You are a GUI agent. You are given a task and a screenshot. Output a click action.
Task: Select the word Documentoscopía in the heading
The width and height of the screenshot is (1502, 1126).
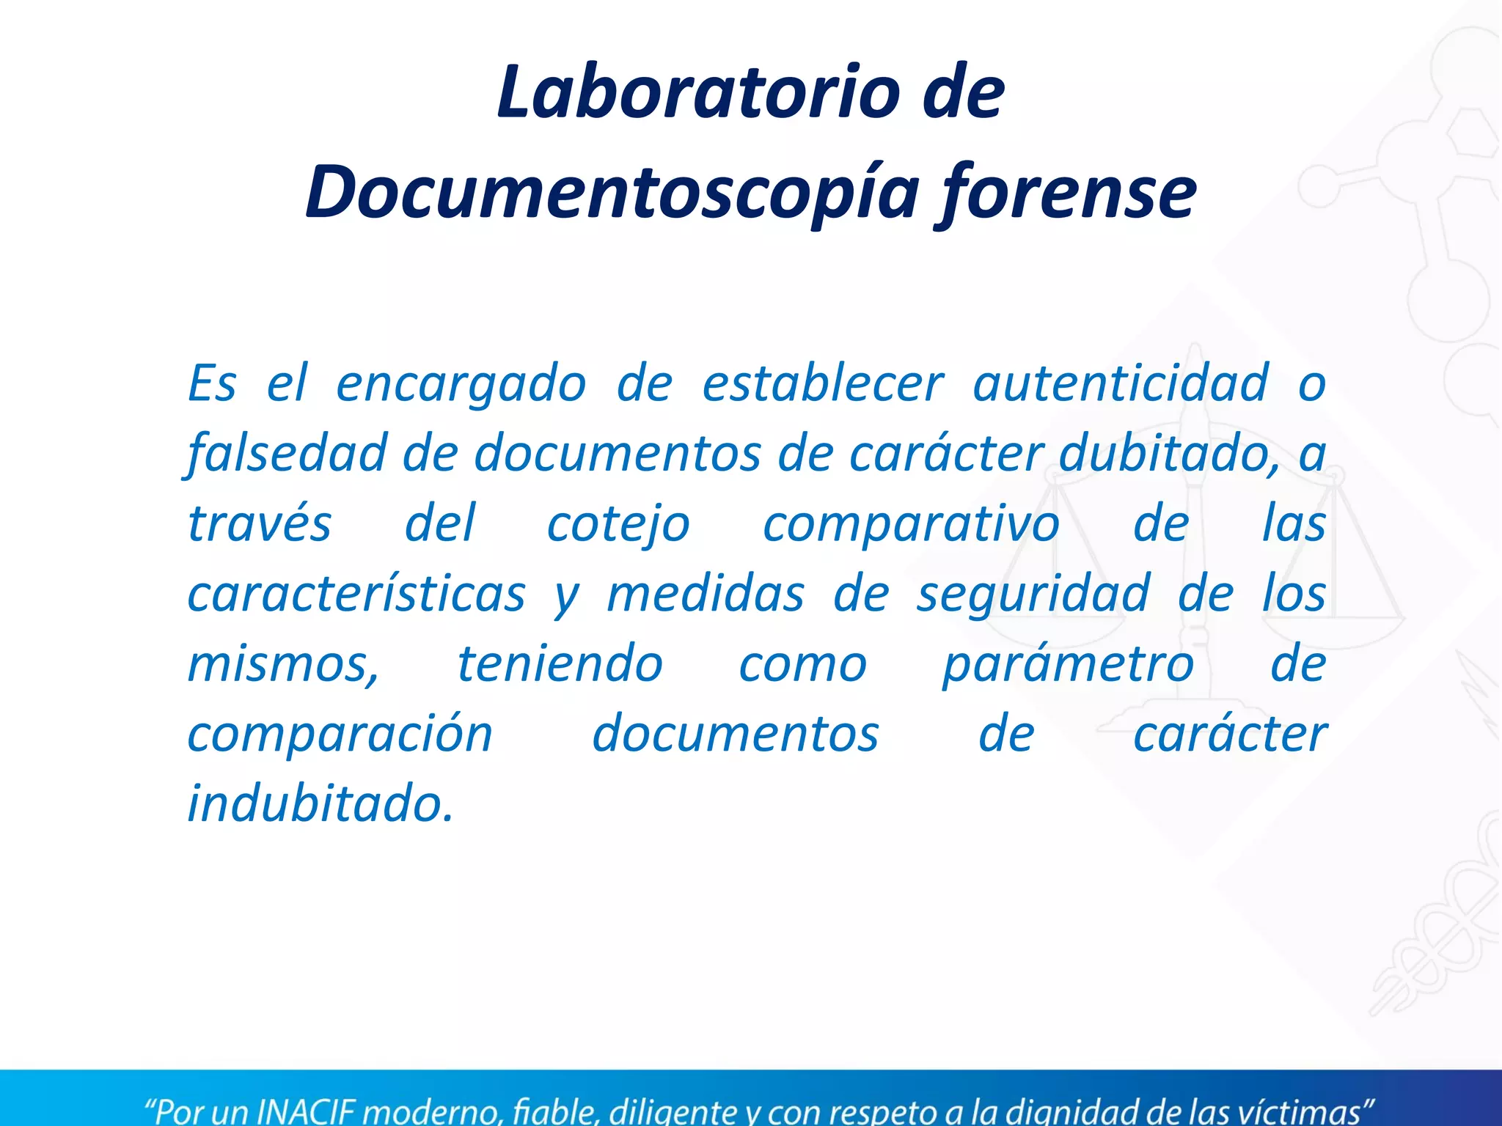[612, 192]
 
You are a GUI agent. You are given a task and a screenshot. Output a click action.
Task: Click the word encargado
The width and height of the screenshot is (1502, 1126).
[461, 383]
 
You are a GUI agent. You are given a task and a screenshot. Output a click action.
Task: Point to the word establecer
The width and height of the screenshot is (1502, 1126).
[823, 383]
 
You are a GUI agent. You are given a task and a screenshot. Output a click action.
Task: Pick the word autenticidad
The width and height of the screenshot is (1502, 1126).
[1120, 383]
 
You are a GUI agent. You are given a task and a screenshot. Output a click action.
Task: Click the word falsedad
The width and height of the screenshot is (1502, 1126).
[286, 454]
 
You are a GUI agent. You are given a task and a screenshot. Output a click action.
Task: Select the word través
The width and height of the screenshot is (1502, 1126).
[260, 523]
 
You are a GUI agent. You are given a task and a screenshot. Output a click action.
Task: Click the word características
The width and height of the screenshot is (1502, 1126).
[356, 594]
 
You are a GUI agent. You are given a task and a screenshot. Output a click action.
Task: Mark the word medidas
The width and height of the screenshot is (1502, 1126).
[706, 594]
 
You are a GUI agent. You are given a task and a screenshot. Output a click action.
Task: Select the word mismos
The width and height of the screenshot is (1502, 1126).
[283, 664]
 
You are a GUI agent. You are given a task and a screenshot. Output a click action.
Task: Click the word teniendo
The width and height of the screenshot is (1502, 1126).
[560, 664]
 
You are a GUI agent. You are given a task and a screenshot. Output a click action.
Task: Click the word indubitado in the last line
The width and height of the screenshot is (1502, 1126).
[320, 804]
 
